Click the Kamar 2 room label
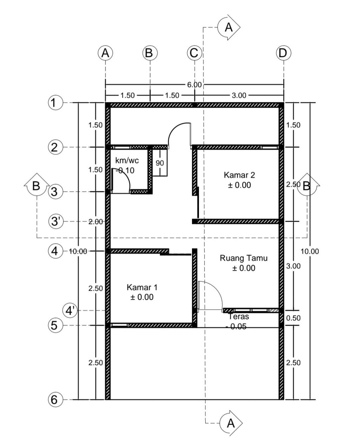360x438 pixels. coord(239,175)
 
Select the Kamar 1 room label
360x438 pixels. coord(142,288)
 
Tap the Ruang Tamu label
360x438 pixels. coord(244,258)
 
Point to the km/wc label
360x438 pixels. coord(127,161)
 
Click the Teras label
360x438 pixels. coord(239,317)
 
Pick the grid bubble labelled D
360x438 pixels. coord(284,53)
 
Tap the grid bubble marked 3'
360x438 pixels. coord(56,221)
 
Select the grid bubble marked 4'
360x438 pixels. coord(70,310)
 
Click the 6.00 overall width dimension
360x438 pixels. coord(194,85)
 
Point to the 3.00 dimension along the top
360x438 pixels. coord(239,95)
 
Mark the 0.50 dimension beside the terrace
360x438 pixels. coord(293,318)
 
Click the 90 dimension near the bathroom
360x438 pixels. coord(160,163)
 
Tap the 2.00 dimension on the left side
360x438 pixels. coord(96,222)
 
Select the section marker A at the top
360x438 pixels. coord(229,27)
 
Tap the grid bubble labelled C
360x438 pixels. coord(194,53)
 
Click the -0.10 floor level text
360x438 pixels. coord(125,170)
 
